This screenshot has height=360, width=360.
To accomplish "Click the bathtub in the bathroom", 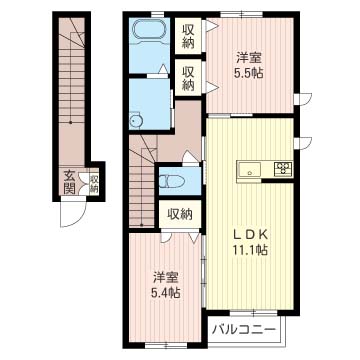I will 152,37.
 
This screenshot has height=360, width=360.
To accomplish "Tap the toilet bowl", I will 172,182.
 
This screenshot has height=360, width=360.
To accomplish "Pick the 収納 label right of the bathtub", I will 189,36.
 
